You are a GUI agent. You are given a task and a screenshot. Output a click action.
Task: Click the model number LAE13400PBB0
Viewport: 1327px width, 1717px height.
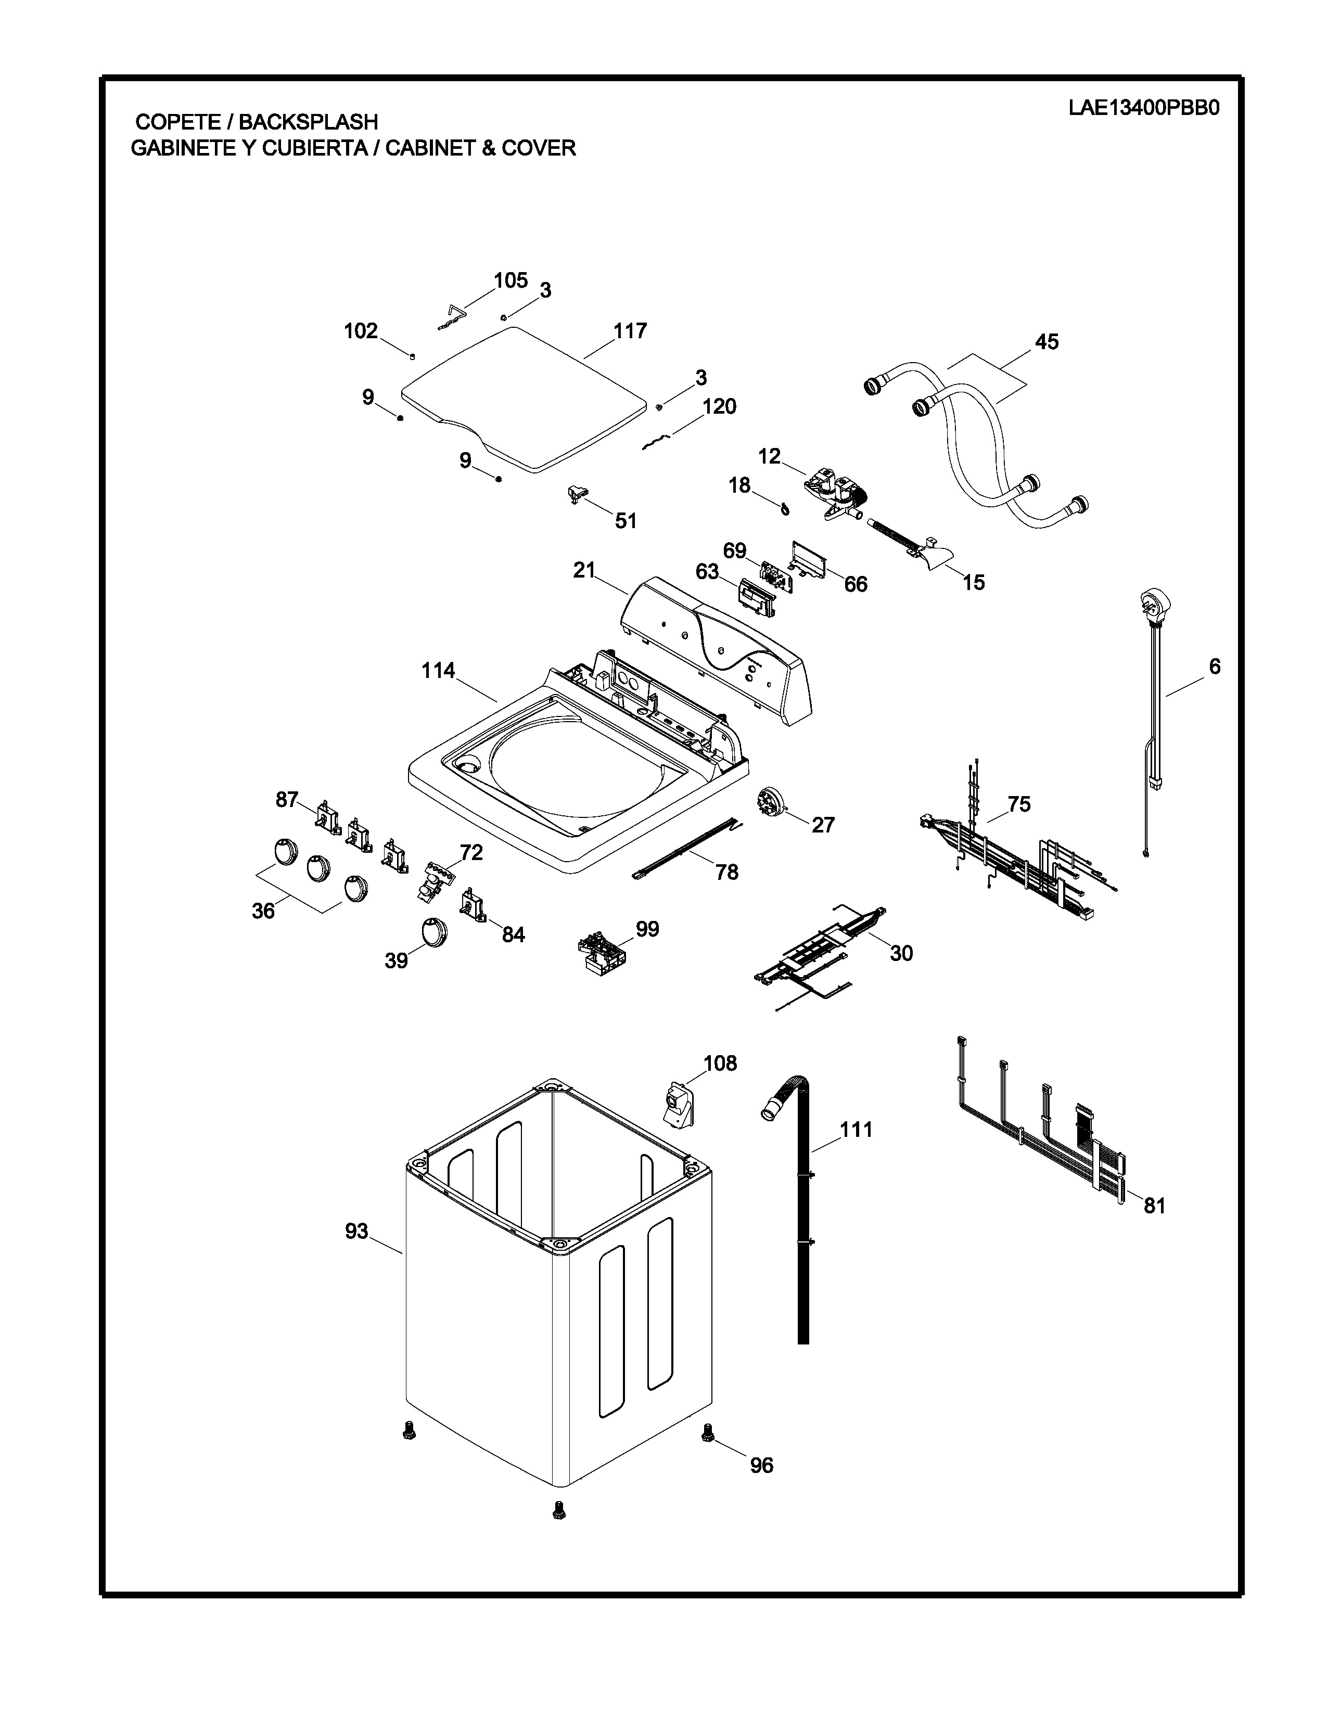[1143, 108]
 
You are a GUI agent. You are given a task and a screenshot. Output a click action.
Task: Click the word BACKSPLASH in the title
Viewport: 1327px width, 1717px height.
[308, 122]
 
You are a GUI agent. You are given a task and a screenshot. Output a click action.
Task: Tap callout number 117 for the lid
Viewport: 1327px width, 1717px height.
[630, 330]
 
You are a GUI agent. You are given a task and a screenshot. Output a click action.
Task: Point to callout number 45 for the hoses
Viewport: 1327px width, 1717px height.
[1047, 342]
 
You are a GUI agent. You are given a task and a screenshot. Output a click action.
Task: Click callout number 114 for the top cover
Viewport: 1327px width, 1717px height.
[438, 671]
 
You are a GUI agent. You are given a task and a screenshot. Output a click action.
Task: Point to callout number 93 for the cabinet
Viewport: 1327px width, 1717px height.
[356, 1231]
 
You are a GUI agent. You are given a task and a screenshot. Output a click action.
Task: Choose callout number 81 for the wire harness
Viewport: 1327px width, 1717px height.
[1154, 1205]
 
